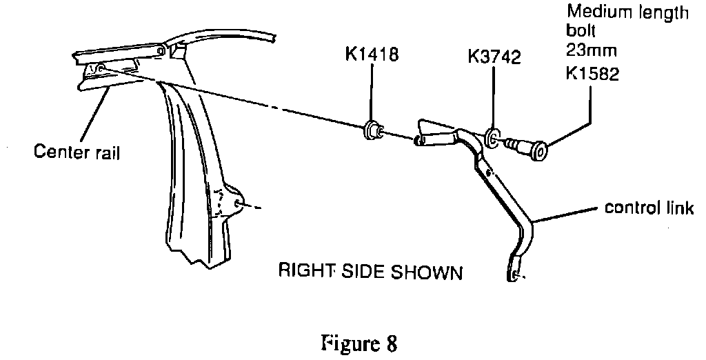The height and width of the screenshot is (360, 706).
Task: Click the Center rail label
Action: pos(76,152)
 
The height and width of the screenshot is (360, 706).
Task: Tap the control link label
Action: pos(647,208)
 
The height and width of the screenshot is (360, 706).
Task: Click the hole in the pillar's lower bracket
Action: pos(239,203)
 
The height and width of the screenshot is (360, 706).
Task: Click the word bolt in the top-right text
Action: pos(578,31)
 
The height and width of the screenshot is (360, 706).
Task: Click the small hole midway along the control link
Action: pos(489,171)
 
